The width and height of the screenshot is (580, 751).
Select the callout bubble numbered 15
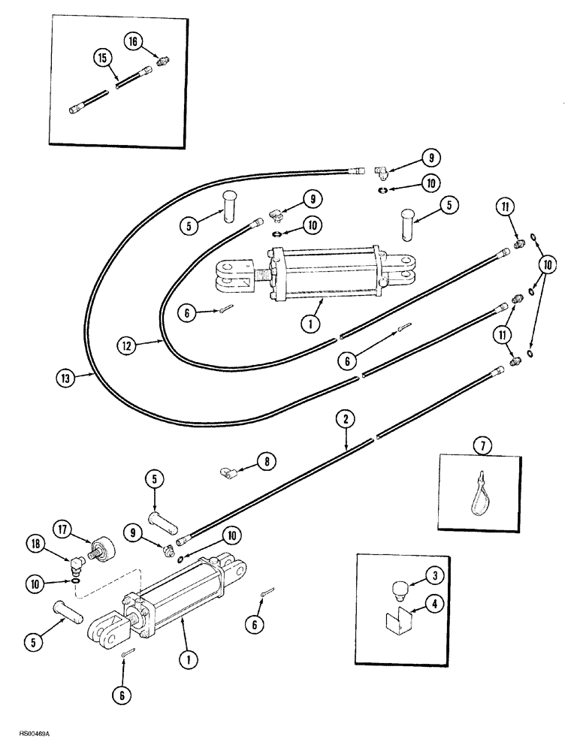[101, 57]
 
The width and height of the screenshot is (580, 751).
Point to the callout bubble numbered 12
[128, 345]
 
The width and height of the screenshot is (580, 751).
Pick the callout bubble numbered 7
[482, 446]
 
